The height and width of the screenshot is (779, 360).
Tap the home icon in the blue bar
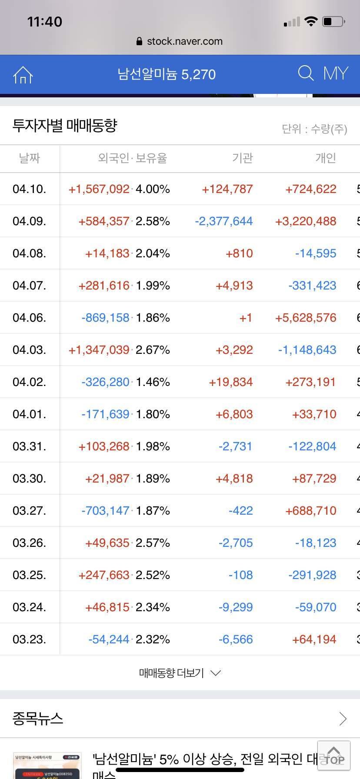[23, 75]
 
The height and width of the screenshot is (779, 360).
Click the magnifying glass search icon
[306, 73]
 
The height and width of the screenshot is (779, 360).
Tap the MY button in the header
[336, 73]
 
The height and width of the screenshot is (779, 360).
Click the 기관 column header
[242, 158]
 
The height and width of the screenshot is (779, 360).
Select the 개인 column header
[326, 158]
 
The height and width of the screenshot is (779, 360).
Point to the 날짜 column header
[29, 158]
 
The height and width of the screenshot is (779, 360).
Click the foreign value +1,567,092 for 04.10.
[99, 189]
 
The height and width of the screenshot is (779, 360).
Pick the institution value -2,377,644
[223, 221]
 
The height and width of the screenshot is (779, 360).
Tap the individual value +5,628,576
[306, 318]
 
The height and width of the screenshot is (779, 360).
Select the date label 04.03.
[29, 350]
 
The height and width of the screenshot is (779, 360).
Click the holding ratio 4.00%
[153, 189]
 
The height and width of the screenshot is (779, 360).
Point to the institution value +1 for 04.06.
[246, 318]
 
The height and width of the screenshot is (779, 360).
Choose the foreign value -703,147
[106, 511]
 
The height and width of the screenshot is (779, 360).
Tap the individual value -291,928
[312, 575]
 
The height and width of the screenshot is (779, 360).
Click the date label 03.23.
[29, 639]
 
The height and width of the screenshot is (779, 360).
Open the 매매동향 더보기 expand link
[180, 673]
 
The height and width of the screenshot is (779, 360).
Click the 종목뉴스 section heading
[38, 719]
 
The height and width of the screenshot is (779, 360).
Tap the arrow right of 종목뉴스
[343, 719]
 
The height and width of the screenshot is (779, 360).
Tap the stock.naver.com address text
[184, 41]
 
